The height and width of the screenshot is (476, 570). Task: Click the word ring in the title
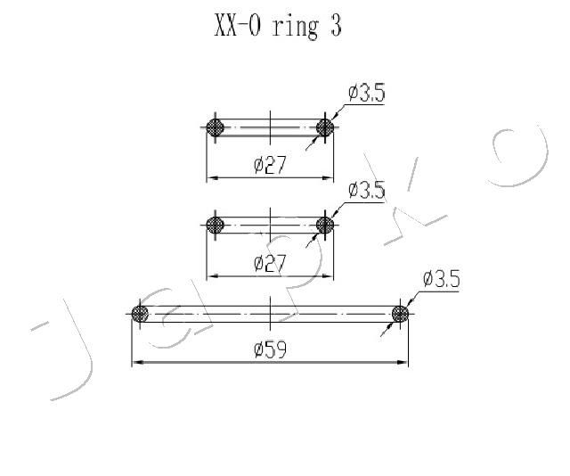pos(295,28)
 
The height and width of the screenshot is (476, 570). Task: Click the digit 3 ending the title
pos(336,26)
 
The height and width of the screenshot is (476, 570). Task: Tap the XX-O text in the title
pos(238,26)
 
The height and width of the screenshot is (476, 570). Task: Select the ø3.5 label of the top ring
pos(366,93)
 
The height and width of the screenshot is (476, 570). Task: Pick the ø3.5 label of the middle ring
pos(366,190)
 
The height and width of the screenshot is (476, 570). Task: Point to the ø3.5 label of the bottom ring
pos(442,279)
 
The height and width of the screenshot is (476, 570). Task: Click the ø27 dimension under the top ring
pos(270,165)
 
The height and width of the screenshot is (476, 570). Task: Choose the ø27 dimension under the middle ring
pos(270,263)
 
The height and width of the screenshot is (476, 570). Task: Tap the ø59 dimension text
pos(270,349)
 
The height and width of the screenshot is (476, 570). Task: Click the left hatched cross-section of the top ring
pos(215,127)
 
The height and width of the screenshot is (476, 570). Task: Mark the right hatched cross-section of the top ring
pos(325,127)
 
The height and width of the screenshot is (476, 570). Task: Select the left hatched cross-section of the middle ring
pos(215,225)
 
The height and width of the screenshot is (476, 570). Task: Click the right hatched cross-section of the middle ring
pos(325,225)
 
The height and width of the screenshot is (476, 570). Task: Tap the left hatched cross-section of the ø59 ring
pos(140,314)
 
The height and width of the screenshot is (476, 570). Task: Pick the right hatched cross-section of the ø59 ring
pos(400,314)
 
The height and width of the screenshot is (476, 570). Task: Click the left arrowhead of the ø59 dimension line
pos(136,362)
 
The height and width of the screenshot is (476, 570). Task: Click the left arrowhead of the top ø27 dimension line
pos(212,178)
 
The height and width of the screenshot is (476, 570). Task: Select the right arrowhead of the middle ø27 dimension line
pos(329,275)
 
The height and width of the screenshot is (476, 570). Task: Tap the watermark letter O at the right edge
pos(520,157)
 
